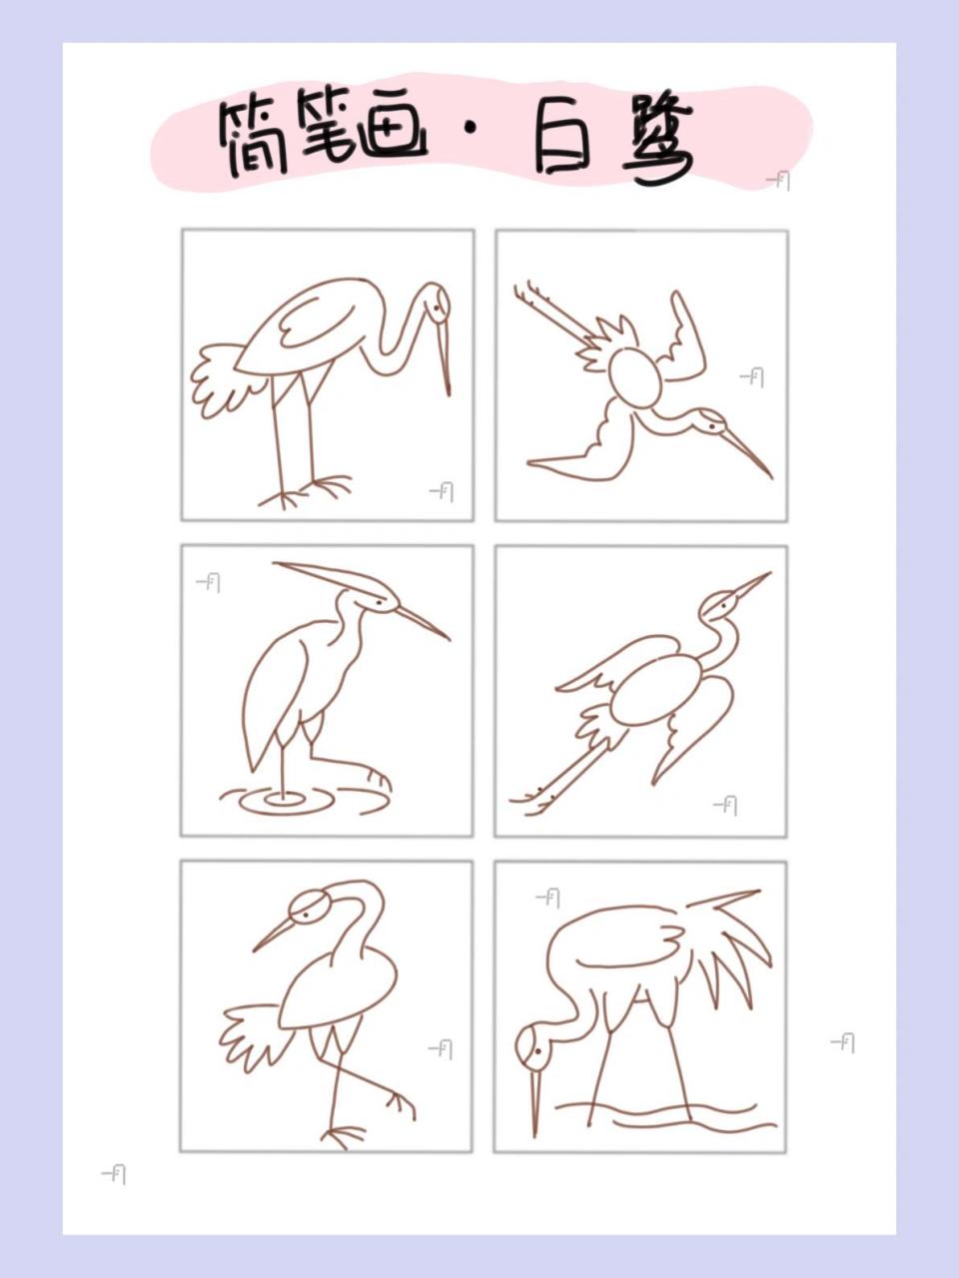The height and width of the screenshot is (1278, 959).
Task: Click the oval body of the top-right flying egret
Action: [x=635, y=376]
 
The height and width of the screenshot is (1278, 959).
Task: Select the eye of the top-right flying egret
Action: [x=712, y=425]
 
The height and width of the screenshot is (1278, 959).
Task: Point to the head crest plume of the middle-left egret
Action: [x=320, y=574]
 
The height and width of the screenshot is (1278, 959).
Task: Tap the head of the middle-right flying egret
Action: [x=721, y=602]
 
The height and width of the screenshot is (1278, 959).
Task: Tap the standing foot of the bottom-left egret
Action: [x=343, y=1134]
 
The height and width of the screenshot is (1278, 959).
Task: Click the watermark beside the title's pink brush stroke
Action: [x=778, y=180]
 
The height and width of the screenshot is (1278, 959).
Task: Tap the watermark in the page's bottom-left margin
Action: [x=114, y=1174]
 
